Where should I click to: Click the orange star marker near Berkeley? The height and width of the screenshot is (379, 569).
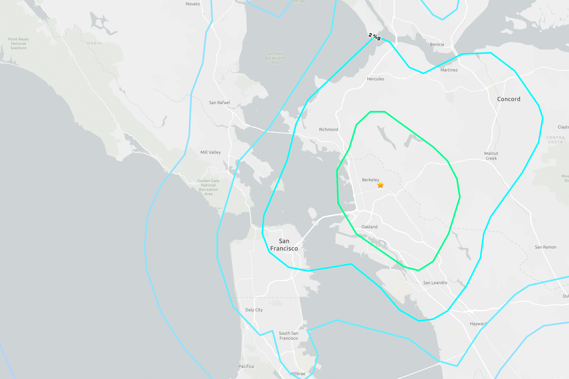tap(380, 185)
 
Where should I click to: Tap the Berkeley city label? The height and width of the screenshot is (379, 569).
tap(370, 180)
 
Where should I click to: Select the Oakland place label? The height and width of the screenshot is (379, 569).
tap(369, 227)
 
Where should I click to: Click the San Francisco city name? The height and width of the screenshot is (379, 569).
tap(284, 245)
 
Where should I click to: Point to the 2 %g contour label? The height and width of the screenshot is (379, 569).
tap(374, 36)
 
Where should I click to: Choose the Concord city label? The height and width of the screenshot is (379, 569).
tap(509, 99)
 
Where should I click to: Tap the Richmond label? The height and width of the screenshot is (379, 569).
tap(329, 129)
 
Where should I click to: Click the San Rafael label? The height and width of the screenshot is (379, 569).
tap(219, 103)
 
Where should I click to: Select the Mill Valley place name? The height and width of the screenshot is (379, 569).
tap(211, 152)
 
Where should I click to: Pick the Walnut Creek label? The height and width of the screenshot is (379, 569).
tap(491, 156)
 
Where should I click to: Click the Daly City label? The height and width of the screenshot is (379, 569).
tap(254, 310)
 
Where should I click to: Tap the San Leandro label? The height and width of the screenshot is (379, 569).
tap(435, 283)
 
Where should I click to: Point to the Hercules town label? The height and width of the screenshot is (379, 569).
tap(376, 79)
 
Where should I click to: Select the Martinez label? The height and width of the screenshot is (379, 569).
tap(449, 70)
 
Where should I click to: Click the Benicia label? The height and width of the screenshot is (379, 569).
tap(437, 44)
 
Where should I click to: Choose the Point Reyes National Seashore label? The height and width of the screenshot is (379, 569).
tap(18, 44)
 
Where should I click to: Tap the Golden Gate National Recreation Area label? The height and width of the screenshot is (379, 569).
tap(209, 187)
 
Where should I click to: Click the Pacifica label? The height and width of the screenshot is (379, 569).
tap(246, 366)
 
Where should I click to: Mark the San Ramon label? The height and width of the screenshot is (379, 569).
tap(545, 247)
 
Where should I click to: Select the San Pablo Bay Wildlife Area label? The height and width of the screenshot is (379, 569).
tap(275, 58)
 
